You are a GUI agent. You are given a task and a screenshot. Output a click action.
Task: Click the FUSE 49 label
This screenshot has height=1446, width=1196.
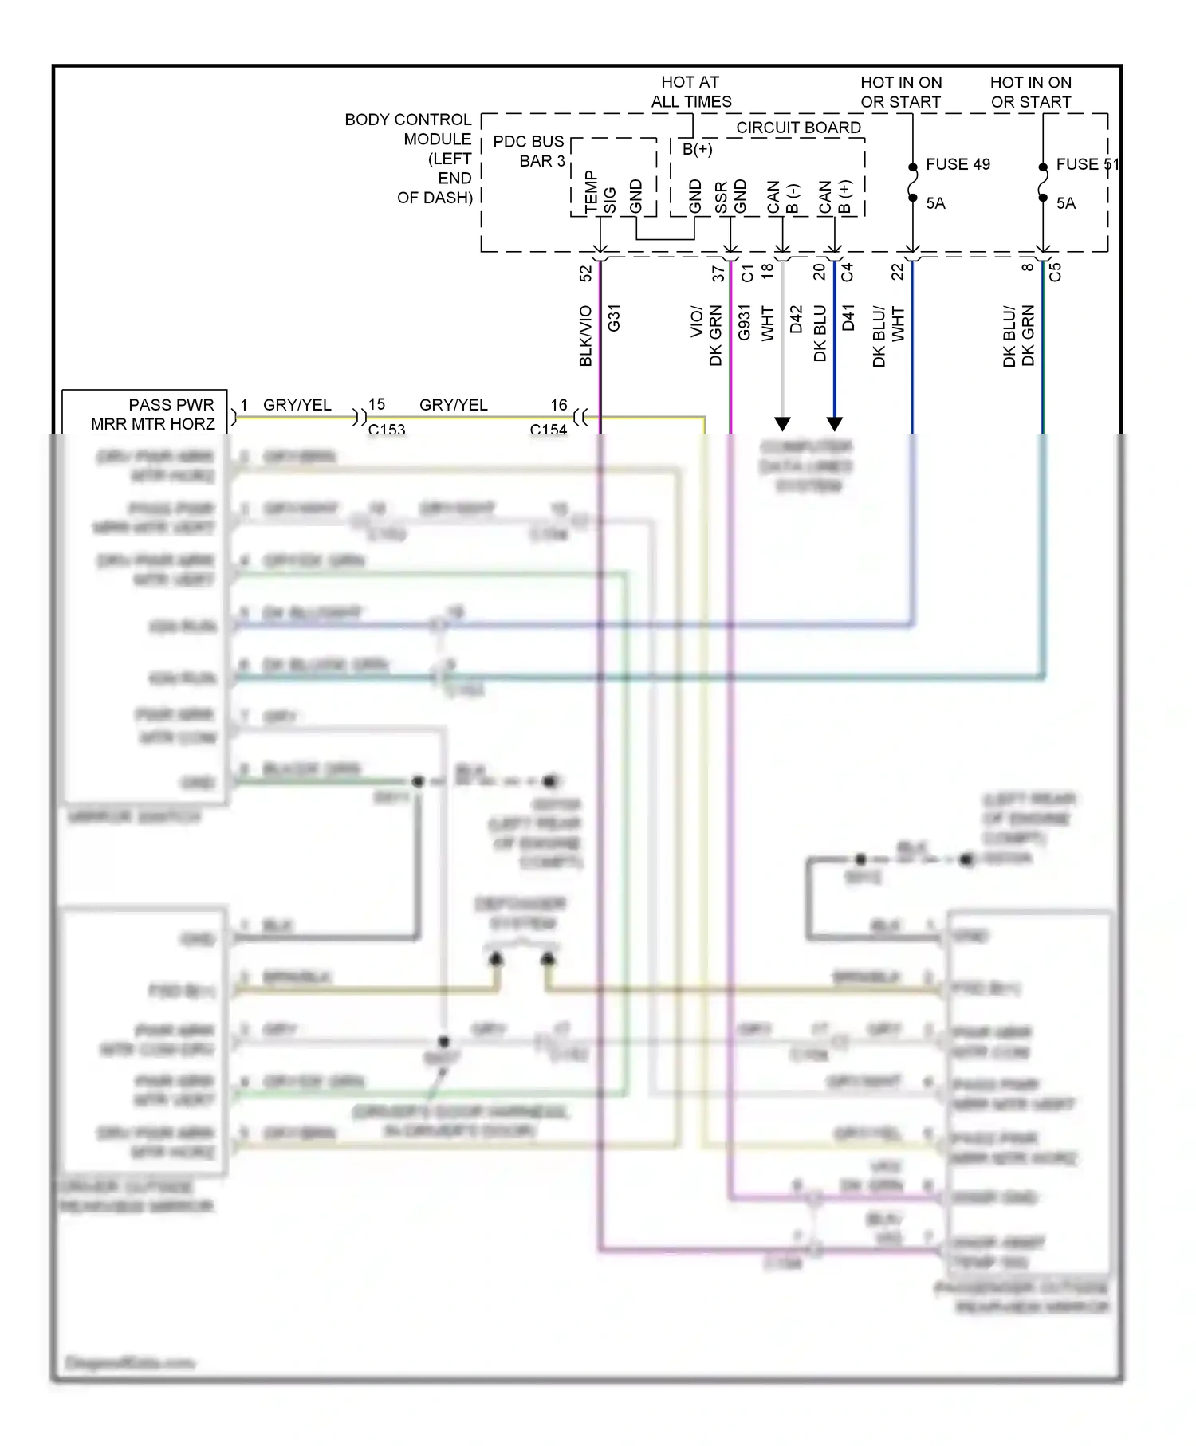coord(958,164)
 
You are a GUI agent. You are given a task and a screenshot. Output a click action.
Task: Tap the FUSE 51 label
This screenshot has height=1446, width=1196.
coord(1087,164)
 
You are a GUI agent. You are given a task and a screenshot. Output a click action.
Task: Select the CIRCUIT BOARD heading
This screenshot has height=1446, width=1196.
coord(798,128)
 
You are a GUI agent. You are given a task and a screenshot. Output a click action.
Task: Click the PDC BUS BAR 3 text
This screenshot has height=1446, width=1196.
coord(529,151)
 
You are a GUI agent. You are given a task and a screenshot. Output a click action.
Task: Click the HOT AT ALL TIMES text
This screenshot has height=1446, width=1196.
coord(690,92)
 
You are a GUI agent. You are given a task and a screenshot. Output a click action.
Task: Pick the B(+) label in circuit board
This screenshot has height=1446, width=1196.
coord(697,149)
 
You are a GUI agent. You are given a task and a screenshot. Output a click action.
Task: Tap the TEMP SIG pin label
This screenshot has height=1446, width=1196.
coord(600,193)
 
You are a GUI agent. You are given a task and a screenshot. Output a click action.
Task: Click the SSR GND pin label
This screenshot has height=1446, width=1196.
coord(730,198)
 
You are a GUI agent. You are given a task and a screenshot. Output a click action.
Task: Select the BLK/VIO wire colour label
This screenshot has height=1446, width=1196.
coord(586,335)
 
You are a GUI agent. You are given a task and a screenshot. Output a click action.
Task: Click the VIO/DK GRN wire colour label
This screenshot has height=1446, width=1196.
coord(706,335)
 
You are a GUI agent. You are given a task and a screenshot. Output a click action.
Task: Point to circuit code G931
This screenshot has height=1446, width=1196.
coord(744,322)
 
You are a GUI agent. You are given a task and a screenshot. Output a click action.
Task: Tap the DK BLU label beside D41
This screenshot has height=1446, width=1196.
coord(820,333)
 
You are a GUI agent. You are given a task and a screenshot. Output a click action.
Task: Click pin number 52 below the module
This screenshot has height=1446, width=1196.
coord(586,273)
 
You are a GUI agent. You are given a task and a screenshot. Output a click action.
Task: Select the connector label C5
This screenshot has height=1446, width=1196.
coord(1055,272)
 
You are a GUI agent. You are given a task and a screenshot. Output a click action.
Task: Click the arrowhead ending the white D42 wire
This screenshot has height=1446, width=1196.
coord(783,423)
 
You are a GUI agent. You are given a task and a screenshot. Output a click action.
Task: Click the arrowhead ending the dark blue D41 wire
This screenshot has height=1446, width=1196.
coord(834,423)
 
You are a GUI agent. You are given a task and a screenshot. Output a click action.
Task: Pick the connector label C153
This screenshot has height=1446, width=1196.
coord(387,429)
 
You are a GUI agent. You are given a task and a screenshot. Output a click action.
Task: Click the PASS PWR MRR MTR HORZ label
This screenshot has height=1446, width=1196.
coord(153,415)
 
